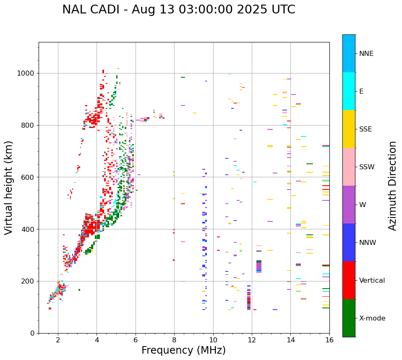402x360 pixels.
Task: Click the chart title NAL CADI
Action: (178, 10)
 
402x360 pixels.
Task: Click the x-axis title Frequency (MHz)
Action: (183, 350)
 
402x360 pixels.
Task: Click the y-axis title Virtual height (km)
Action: (9, 187)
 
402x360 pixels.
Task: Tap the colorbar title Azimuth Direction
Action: (392, 186)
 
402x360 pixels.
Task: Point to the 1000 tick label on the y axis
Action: (26, 73)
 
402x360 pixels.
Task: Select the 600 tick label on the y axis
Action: (28, 177)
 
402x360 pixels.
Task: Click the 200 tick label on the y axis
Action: (28, 281)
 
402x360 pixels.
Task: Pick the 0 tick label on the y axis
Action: (32, 333)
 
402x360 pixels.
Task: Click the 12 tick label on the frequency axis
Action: (252, 340)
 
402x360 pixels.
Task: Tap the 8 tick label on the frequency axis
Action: (174, 340)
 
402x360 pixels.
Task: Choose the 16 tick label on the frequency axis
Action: (329, 340)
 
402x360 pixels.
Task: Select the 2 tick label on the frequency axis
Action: (58, 340)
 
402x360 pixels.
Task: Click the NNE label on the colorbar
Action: (366, 54)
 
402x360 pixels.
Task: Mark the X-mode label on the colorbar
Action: (372, 318)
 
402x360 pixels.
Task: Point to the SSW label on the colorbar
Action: (367, 167)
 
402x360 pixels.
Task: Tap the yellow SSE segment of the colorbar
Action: (349, 129)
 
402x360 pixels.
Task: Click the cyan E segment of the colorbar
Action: (349, 91)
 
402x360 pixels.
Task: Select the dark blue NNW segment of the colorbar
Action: (349, 242)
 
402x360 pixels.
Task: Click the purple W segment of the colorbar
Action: (349, 205)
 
